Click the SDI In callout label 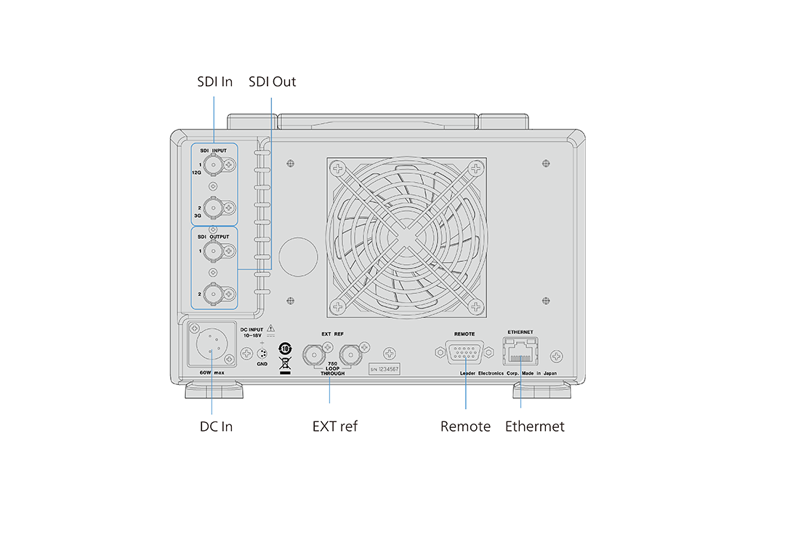(214, 82)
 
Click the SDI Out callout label (272, 82)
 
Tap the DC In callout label (216, 426)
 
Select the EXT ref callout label (334, 426)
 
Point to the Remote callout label (465, 426)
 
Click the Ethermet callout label (534, 426)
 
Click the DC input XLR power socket (212, 345)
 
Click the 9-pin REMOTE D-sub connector (465, 353)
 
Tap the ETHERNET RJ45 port (520, 353)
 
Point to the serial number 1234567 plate (385, 369)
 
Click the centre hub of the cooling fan (406, 237)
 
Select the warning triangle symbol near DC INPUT (270, 329)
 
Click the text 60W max (212, 373)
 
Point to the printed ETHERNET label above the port (520, 332)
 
